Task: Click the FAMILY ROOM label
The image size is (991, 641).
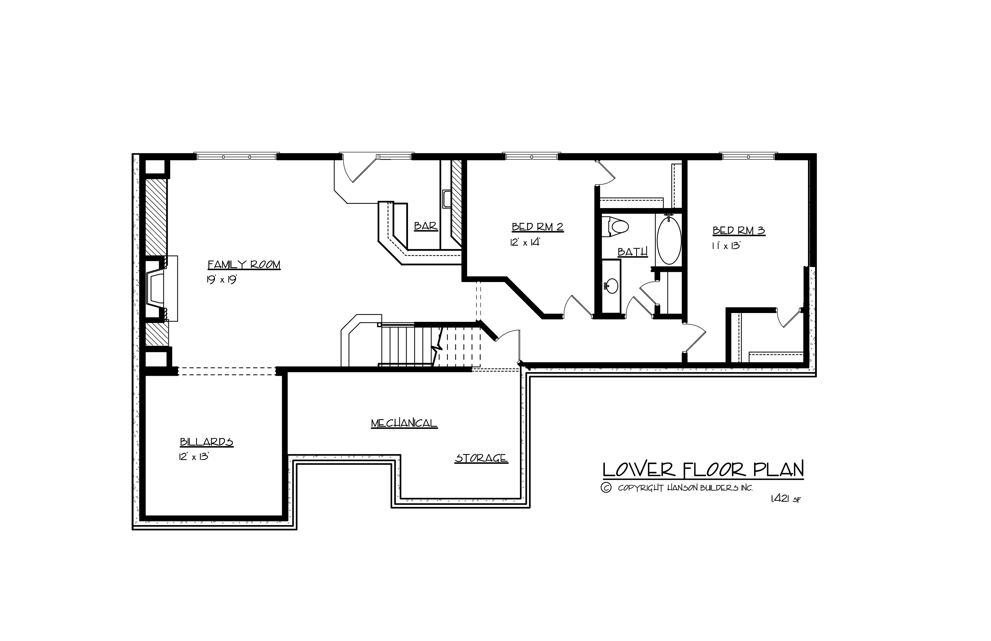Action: click(244, 265)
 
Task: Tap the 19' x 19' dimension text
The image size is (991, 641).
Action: click(221, 280)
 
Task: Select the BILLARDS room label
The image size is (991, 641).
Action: click(207, 442)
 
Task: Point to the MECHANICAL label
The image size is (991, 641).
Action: click(404, 423)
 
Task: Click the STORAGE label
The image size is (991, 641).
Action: click(481, 458)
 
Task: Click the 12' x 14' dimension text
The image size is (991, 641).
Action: click(525, 242)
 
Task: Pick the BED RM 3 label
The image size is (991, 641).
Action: click(739, 230)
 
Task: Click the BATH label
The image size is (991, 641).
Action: click(632, 252)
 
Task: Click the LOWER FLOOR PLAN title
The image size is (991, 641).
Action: click(703, 470)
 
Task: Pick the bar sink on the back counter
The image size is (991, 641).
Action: click(446, 198)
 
